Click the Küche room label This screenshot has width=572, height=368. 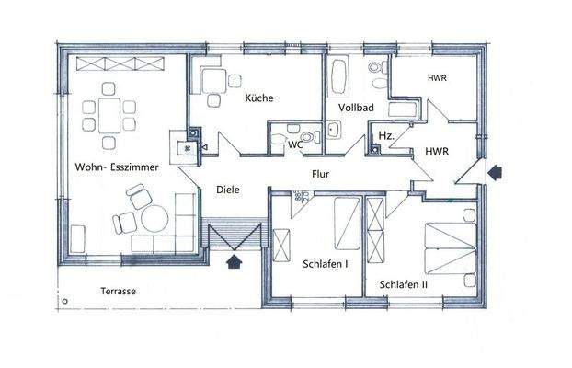259,98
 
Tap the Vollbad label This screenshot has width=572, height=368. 356,108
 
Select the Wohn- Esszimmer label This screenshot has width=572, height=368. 117,167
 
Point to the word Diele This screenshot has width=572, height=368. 227,190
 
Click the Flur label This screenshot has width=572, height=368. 321,173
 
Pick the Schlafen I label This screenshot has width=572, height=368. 325,264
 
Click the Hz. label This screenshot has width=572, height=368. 386,136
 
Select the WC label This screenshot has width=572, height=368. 295,144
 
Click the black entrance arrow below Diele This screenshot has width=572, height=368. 235,261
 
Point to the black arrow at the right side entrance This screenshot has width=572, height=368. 498,170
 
